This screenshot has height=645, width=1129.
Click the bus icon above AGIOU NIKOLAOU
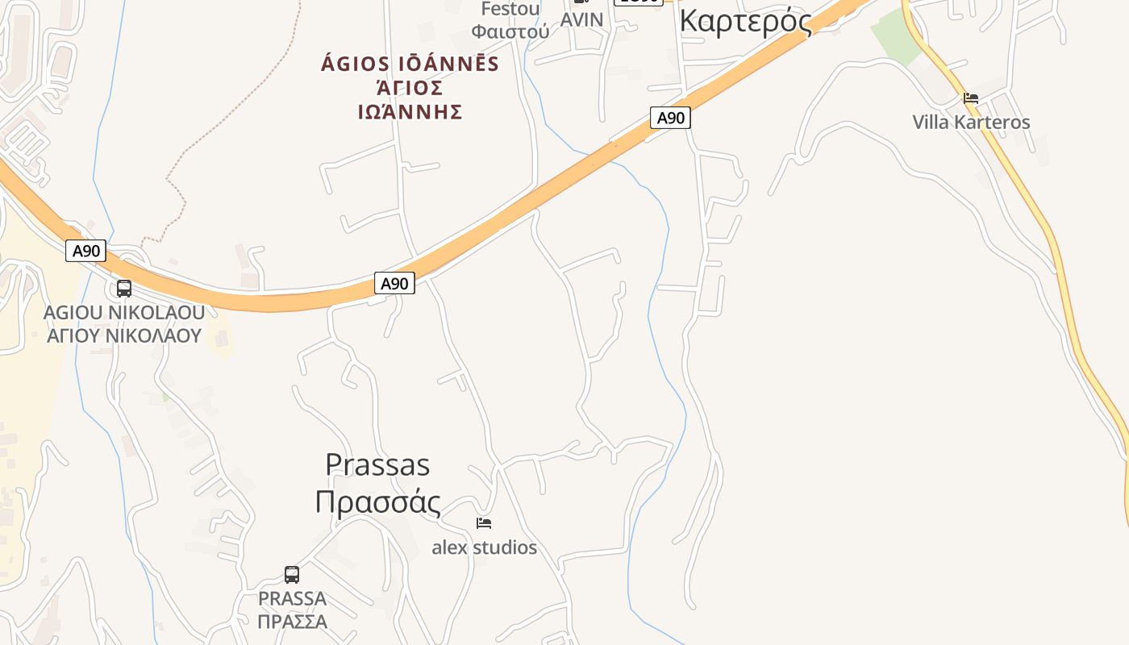(x=124, y=288)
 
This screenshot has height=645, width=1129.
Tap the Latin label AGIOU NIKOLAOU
(x=124, y=312)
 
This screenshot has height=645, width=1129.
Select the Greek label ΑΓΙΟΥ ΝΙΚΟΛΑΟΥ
(x=124, y=335)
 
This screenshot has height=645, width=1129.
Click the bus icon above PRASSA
(x=292, y=575)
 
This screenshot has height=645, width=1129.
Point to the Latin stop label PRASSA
(x=292, y=599)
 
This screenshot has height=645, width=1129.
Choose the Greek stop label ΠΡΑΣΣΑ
(x=292, y=622)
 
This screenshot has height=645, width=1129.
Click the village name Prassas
(x=377, y=464)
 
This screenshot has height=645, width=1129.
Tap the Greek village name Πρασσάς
(x=377, y=501)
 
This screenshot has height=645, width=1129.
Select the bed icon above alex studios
(x=484, y=523)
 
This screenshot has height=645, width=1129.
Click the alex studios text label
(x=484, y=547)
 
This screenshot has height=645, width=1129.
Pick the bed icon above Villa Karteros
(x=971, y=98)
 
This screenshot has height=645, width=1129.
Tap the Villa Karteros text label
(x=971, y=123)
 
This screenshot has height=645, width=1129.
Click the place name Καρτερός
(x=745, y=21)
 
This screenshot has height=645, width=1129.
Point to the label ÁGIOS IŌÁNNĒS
(x=410, y=64)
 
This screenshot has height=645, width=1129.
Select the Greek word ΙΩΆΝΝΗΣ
(x=410, y=112)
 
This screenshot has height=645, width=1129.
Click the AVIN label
(x=581, y=20)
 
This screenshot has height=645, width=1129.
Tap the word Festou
(x=510, y=9)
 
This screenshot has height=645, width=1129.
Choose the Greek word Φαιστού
(x=510, y=32)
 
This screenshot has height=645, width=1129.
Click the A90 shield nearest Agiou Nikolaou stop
(x=86, y=251)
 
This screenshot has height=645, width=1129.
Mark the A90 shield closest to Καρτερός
(x=670, y=119)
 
